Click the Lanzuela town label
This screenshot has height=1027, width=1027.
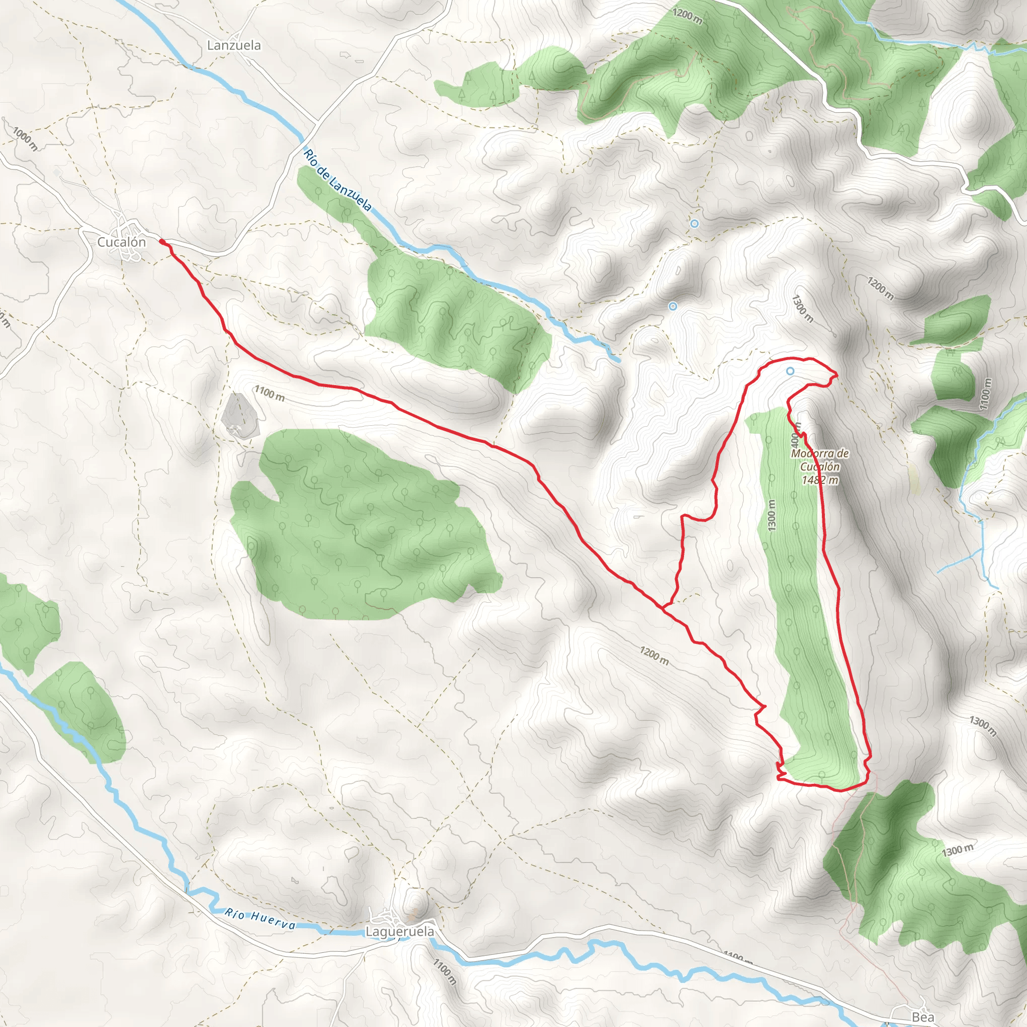tap(234, 45)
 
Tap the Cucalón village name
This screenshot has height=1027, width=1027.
tap(121, 242)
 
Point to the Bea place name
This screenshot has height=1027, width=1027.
tap(923, 1016)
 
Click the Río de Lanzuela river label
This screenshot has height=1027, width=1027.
tap(337, 180)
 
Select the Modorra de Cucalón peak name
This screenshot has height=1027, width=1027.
tap(820, 460)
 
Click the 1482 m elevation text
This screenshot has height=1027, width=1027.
tap(820, 480)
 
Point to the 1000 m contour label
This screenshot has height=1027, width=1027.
tap(25, 139)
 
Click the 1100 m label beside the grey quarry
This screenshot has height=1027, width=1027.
tap(269, 393)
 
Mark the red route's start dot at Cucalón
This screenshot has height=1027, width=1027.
tap(161, 242)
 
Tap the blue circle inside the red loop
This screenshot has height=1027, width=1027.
tap(790, 371)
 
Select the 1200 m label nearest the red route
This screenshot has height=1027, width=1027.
tap(654, 656)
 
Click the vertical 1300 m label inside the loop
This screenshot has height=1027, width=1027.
tap(772, 515)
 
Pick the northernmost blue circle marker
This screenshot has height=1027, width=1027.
tap(694, 224)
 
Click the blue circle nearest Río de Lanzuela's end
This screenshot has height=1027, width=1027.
tap(672, 306)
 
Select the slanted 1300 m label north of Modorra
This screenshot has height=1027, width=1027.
tap(802, 309)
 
